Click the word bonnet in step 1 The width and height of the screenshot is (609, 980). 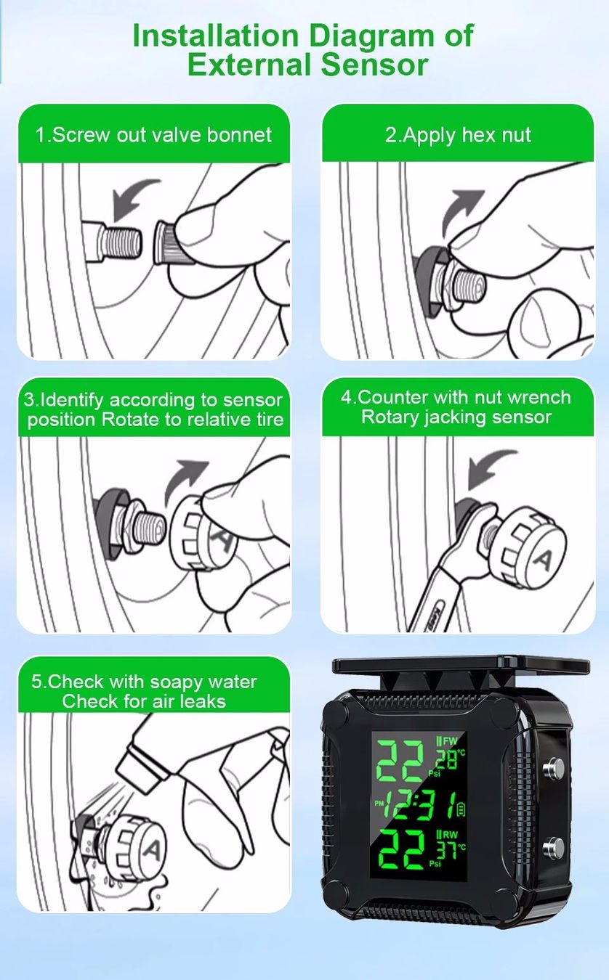pyautogui.click(x=239, y=134)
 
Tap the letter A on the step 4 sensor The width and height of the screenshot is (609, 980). pyautogui.click(x=544, y=559)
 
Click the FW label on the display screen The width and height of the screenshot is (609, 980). pyautogui.click(x=450, y=740)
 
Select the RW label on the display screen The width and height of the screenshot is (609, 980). pyautogui.click(x=451, y=834)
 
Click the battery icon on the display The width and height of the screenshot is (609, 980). pyautogui.click(x=461, y=809)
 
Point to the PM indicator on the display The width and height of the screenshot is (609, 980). pyautogui.click(x=379, y=804)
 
